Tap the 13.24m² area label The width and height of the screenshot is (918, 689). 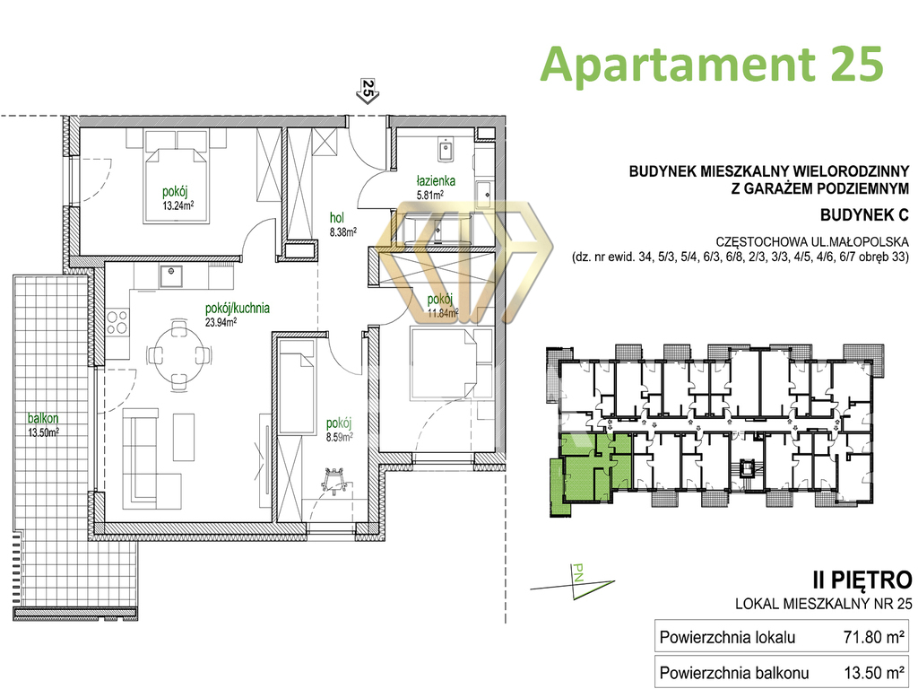[178, 205]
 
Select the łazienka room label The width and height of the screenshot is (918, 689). [436, 181]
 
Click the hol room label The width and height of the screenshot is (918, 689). [337, 219]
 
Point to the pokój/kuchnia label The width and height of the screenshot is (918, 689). [237, 309]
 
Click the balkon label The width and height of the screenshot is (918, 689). [43, 418]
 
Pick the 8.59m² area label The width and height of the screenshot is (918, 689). [339, 436]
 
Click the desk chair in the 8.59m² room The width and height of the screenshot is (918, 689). [335, 480]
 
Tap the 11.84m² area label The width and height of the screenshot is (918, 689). [443, 313]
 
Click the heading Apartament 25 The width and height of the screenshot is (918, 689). [711, 64]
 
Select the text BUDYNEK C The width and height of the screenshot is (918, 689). [864, 215]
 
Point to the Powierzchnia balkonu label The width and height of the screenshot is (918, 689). [734, 673]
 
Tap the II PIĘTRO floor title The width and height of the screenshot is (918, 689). [862, 580]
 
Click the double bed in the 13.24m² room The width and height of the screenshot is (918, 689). [177, 184]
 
